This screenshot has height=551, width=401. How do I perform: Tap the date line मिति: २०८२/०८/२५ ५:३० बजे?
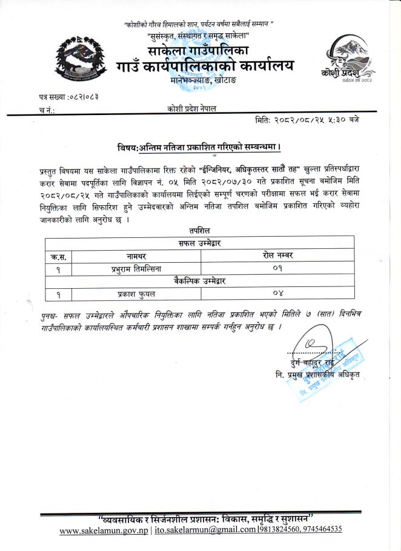pos(307,120)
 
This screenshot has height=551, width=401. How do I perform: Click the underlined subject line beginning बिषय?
pos(200,148)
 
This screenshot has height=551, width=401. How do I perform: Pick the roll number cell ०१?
pos(278,268)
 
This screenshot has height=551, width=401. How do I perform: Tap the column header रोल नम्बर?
pos(278,256)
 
